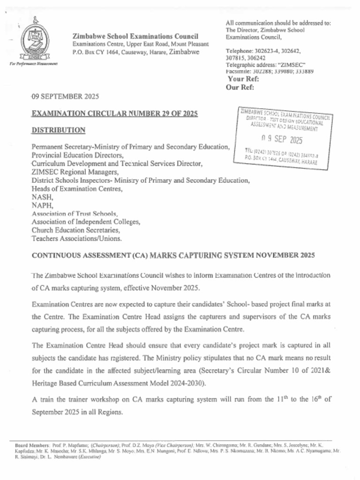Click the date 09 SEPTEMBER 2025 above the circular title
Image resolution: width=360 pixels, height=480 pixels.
(x=65, y=97)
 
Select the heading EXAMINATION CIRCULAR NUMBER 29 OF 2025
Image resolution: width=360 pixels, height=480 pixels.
(x=114, y=113)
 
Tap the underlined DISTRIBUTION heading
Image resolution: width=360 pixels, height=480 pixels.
(x=58, y=130)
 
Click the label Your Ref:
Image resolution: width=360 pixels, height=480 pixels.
(x=242, y=79)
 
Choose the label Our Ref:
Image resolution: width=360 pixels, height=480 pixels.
(x=240, y=87)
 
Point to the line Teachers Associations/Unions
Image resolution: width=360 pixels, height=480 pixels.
(x=77, y=239)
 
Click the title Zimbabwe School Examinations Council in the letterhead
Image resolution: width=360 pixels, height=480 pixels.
(x=135, y=36)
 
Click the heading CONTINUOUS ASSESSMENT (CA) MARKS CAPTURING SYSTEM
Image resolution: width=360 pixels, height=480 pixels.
(x=173, y=255)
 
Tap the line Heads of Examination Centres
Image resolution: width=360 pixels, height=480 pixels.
(x=77, y=189)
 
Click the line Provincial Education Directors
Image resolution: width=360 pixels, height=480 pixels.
(x=77, y=155)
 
